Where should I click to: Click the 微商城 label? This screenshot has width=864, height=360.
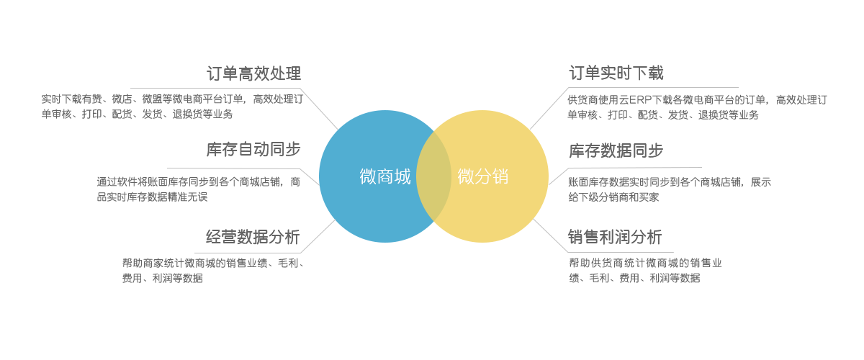point(385,176)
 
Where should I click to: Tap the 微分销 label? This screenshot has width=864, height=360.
point(483,176)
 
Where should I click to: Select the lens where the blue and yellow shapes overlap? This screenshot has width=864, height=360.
point(433,176)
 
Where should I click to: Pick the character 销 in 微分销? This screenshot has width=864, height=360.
point(500,176)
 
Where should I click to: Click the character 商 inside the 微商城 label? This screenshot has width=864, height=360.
point(385,176)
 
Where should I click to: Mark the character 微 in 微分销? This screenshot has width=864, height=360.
point(466,176)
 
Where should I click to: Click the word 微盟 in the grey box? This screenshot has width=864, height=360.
point(152,99)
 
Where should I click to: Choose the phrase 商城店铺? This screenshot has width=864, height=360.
point(261,181)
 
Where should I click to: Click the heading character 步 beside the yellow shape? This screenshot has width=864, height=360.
point(654,151)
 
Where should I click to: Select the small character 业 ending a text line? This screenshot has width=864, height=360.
point(717,263)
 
